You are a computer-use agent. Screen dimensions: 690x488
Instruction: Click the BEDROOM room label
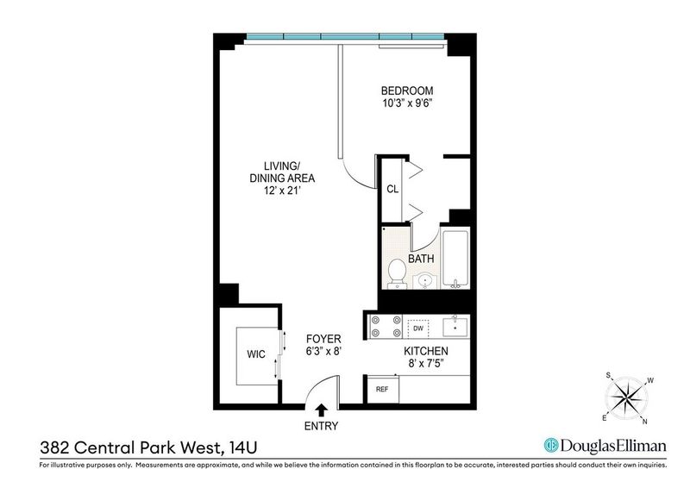(x=407, y=91)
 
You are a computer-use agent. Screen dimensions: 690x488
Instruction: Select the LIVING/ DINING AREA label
(x=282, y=172)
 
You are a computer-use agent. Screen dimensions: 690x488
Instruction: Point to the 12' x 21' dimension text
(x=282, y=191)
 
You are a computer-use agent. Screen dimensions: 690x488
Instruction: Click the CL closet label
(x=392, y=189)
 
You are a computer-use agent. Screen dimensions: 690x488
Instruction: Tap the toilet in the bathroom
(x=397, y=272)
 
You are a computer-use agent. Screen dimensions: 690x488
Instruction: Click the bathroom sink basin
(x=425, y=280)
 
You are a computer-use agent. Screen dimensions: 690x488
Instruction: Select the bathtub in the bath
(x=455, y=259)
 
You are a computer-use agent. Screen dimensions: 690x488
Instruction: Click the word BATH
(x=421, y=259)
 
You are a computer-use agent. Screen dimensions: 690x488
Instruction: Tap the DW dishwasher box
(x=418, y=328)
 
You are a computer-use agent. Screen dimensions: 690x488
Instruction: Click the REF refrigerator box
(x=382, y=389)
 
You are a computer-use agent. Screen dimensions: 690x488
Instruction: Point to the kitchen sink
(x=455, y=327)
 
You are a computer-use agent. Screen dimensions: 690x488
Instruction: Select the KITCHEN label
(x=426, y=351)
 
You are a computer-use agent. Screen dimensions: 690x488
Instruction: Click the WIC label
(x=256, y=354)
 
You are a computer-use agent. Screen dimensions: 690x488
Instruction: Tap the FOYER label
(x=323, y=339)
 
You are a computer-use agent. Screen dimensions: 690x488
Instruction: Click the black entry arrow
(x=322, y=410)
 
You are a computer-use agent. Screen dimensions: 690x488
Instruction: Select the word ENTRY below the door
(x=321, y=426)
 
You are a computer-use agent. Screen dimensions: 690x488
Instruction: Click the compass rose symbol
(x=626, y=398)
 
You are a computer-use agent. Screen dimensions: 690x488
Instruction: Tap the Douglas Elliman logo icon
(x=550, y=445)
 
